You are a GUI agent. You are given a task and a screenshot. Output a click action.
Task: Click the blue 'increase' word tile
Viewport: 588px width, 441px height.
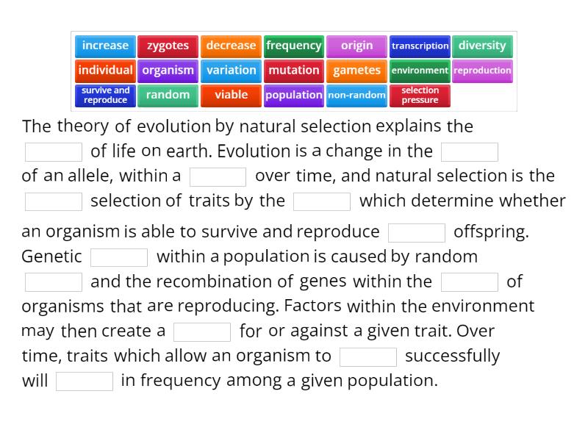pyautogui.click(x=105, y=46)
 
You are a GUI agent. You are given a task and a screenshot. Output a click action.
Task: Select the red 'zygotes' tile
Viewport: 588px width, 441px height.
pyautogui.click(x=168, y=46)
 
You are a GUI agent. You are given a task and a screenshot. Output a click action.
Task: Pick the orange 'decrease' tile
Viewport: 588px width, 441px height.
pyautogui.click(x=231, y=46)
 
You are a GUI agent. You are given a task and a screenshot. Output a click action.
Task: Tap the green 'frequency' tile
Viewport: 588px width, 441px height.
pyautogui.click(x=294, y=46)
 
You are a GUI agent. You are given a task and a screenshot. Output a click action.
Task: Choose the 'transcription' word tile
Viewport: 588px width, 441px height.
pyautogui.click(x=420, y=46)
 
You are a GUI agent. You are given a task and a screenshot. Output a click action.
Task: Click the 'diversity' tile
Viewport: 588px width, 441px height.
pyautogui.click(x=482, y=46)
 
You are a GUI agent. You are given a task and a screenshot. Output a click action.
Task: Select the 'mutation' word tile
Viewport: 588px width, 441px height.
pyautogui.click(x=294, y=71)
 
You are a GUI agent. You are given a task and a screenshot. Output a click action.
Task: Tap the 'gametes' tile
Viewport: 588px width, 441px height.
pyautogui.click(x=357, y=71)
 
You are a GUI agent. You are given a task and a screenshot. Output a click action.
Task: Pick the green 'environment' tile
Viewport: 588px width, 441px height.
pyautogui.click(x=420, y=71)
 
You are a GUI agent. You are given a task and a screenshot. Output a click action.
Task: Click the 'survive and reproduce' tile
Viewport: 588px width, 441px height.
pyautogui.click(x=105, y=96)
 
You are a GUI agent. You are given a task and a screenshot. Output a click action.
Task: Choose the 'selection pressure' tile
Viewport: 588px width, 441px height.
pyautogui.click(x=420, y=96)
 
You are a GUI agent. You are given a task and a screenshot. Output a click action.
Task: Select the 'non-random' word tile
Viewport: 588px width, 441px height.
pyautogui.click(x=357, y=96)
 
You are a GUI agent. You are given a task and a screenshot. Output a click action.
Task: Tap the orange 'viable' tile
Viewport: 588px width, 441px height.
pyautogui.click(x=231, y=96)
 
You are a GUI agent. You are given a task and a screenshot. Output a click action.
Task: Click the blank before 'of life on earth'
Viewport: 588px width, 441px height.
pyautogui.click(x=54, y=152)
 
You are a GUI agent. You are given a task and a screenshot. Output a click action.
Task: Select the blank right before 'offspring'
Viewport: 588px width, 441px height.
pyautogui.click(x=417, y=232)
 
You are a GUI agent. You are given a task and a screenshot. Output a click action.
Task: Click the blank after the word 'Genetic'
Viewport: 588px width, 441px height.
pyautogui.click(x=119, y=257)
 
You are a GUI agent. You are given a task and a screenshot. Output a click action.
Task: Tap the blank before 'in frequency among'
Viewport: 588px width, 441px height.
pyautogui.click(x=85, y=381)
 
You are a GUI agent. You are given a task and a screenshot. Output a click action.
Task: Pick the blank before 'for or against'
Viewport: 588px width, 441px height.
pyautogui.click(x=202, y=331)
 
